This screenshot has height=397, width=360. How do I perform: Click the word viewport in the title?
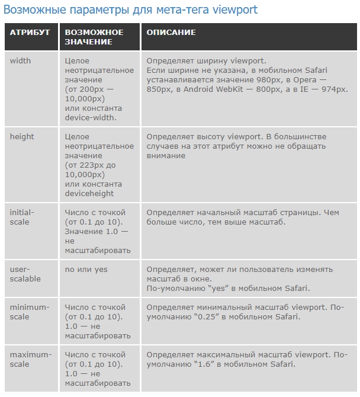[x=236, y=11]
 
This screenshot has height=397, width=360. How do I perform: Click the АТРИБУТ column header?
[x=30, y=32]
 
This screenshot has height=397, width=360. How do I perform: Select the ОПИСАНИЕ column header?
[x=171, y=32]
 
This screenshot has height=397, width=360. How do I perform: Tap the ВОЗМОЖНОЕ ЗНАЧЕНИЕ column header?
[x=94, y=37]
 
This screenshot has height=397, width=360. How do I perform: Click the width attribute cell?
[x=21, y=61]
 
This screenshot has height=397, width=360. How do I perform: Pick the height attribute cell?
[x=22, y=137]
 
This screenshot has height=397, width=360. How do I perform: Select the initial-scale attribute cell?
[x=22, y=217]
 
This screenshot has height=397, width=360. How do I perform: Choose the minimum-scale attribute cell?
[x=30, y=312]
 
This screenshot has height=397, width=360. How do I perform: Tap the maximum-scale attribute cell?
[x=30, y=359]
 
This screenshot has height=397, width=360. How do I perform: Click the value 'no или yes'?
[x=86, y=270]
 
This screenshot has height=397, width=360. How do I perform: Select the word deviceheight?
[x=89, y=194]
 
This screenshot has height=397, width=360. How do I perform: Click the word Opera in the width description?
[x=321, y=80]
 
